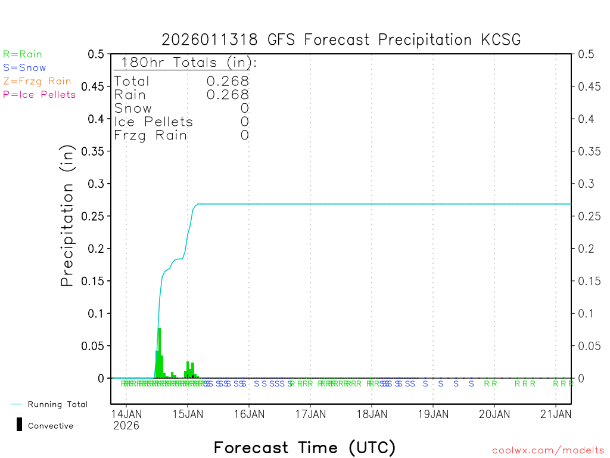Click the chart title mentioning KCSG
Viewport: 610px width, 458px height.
[x=341, y=40]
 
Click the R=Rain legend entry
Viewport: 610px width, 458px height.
[x=23, y=54]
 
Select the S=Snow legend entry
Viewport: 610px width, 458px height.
[x=24, y=68]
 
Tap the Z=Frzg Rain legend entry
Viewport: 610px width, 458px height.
[x=37, y=81]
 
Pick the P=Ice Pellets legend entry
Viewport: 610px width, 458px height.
[x=39, y=94]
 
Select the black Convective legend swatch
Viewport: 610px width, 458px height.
[x=20, y=425]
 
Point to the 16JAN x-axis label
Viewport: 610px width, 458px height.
[x=249, y=414]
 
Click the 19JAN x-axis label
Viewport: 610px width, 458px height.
[x=433, y=414]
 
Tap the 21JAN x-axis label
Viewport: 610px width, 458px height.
[x=556, y=414]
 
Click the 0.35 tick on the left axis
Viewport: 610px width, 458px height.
[x=96, y=151]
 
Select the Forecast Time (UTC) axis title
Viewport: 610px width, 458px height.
[x=304, y=447]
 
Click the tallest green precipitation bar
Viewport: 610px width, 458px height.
[x=160, y=352]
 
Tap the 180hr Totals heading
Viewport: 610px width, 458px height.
[x=186, y=62]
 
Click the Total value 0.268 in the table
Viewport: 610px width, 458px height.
[x=228, y=81]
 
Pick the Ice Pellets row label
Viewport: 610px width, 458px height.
[x=154, y=122]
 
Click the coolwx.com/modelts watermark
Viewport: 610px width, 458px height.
[x=548, y=450]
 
